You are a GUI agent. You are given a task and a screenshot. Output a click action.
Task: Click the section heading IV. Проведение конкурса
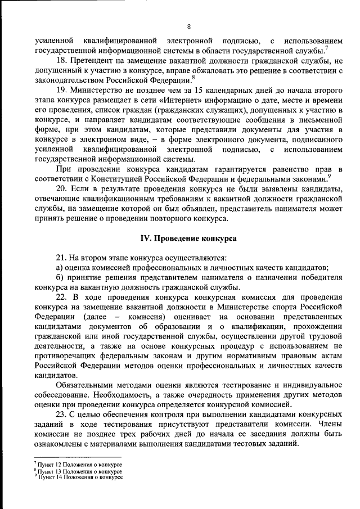188,238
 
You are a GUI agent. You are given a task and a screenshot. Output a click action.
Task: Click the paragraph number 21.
61,258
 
